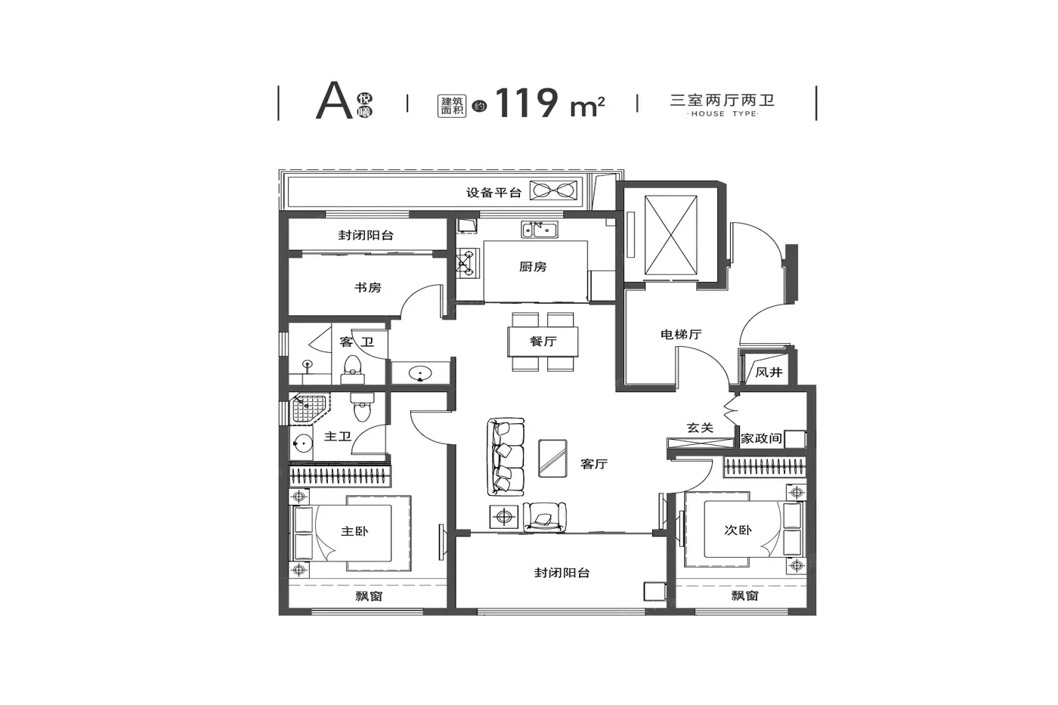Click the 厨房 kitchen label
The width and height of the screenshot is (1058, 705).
(x=533, y=267)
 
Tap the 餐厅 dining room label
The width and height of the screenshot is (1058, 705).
(x=543, y=342)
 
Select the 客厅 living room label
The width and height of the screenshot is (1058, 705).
(x=594, y=464)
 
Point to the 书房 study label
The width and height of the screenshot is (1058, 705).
(x=368, y=288)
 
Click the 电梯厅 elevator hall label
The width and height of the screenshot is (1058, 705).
(x=681, y=335)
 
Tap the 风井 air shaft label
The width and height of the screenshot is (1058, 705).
(x=769, y=373)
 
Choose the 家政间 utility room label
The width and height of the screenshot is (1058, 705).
(x=761, y=439)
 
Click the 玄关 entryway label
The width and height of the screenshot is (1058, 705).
(x=700, y=428)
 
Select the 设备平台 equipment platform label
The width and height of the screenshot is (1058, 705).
(x=493, y=193)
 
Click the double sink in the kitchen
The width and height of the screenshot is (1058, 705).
(x=540, y=230)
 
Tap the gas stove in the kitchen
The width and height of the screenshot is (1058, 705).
(x=466, y=263)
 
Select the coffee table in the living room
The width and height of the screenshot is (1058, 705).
(x=552, y=459)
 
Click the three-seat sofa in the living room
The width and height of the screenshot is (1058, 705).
(x=506, y=456)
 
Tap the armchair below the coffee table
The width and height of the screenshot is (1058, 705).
(x=544, y=518)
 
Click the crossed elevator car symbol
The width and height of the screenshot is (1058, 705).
(x=671, y=235)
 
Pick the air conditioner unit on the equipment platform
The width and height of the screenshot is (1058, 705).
(x=553, y=190)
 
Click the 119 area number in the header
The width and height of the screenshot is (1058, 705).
(x=527, y=103)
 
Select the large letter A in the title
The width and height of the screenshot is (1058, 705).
(x=334, y=100)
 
